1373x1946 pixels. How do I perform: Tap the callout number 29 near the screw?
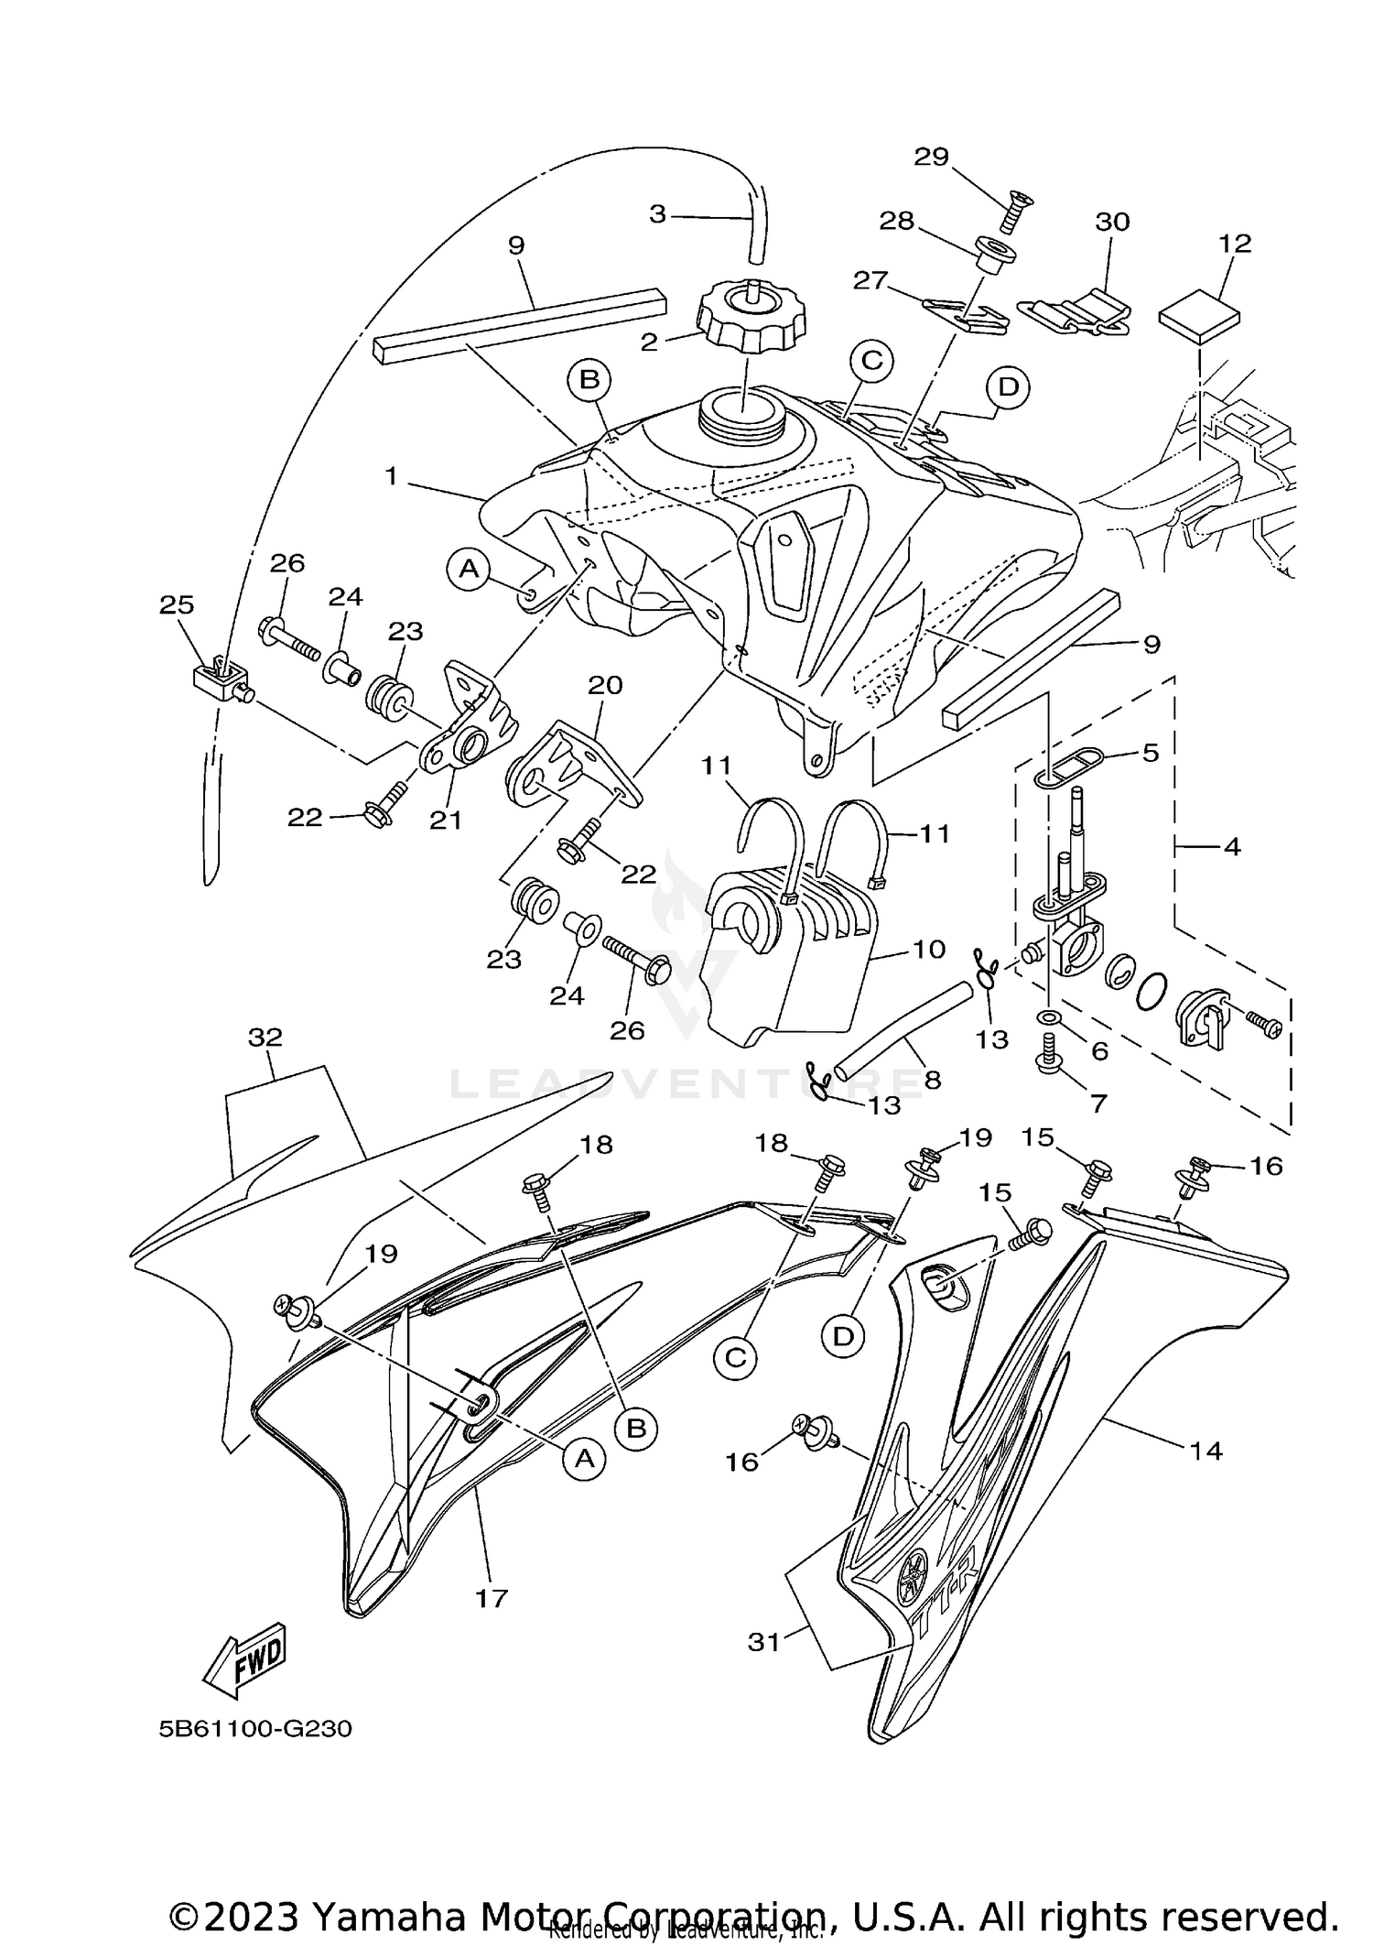click(x=932, y=157)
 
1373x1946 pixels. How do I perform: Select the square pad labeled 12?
click(x=1200, y=317)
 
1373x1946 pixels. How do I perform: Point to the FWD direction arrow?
click(x=244, y=1658)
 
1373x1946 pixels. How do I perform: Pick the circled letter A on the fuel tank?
click(x=469, y=570)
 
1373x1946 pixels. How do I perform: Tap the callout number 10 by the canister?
click(x=928, y=949)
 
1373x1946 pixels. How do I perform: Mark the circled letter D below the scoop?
click(x=843, y=1336)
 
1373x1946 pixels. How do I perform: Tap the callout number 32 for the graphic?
click(x=265, y=1038)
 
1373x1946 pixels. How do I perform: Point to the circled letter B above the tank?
click(x=590, y=378)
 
